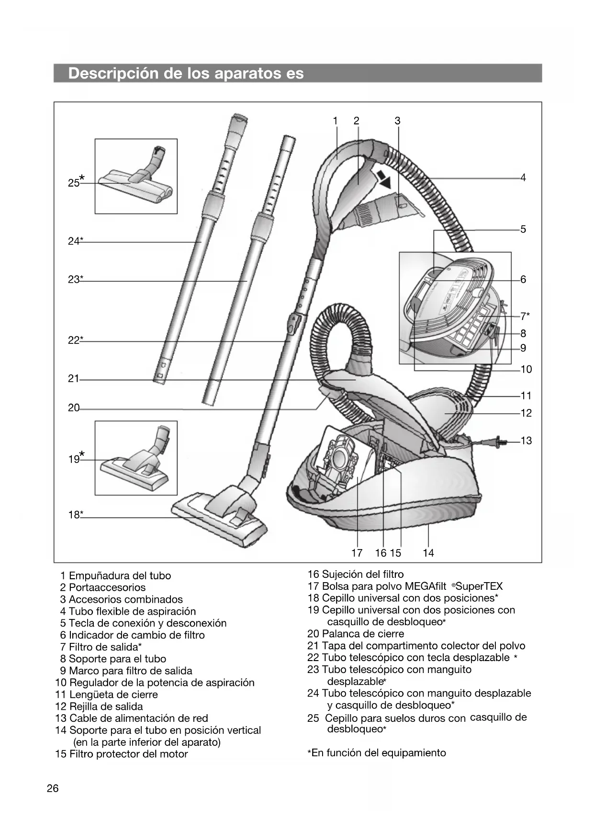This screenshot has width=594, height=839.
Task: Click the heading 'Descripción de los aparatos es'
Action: pyautogui.click(x=186, y=73)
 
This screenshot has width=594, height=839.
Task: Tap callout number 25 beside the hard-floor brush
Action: pyautogui.click(x=74, y=183)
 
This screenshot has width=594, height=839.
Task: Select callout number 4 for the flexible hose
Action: pyautogui.click(x=523, y=178)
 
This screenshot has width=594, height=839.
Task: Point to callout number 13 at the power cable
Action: pyautogui.click(x=526, y=441)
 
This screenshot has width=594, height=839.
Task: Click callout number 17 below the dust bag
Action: pyautogui.click(x=357, y=553)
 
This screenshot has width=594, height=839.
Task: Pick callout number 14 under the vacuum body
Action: pyautogui.click(x=428, y=553)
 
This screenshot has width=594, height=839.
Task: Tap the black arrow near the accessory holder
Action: pyautogui.click(x=383, y=179)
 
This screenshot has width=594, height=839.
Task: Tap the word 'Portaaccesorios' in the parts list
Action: pyautogui.click(x=107, y=587)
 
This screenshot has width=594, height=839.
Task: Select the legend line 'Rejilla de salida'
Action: pyautogui.click(x=106, y=707)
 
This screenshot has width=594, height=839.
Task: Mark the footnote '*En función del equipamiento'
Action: pyautogui.click(x=377, y=753)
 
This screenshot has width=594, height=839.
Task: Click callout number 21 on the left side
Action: pyautogui.click(x=73, y=379)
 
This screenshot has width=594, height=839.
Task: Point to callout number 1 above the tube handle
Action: pyautogui.click(x=336, y=121)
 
